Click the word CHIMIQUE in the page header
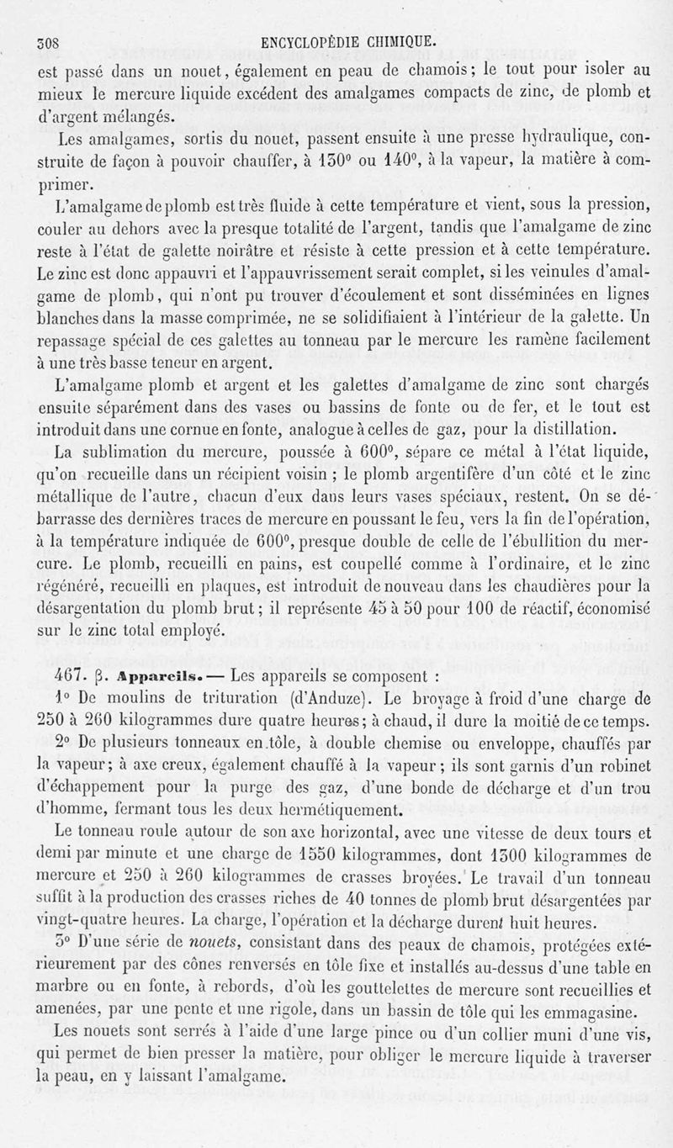click(x=395, y=40)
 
